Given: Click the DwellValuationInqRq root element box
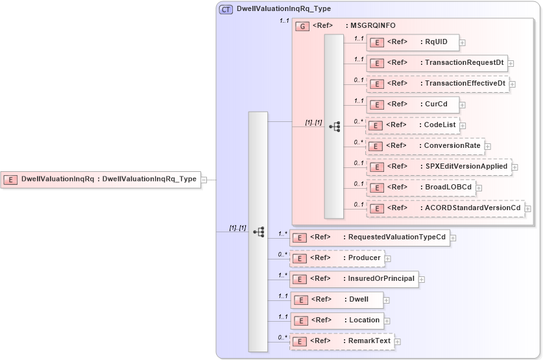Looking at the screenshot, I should [101, 180].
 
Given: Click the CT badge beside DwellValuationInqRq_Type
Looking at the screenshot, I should [226, 9].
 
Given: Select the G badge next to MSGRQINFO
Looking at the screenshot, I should [302, 27].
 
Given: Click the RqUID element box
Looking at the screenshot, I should [413, 43].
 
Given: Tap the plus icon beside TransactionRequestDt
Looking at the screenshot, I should [511, 64].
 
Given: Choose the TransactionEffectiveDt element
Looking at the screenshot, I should [437, 84].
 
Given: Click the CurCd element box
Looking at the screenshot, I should [413, 104].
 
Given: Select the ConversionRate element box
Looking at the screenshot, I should [424, 145].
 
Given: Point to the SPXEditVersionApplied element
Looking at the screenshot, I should [439, 166].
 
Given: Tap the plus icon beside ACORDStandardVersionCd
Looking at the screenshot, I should [528, 209].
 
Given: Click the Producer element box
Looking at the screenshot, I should [336, 258].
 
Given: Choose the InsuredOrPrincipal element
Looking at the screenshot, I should [354, 279].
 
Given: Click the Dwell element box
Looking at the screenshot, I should [336, 300].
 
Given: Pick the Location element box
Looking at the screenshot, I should [336, 320].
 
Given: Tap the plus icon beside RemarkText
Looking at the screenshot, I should [397, 342].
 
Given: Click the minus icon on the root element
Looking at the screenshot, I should [204, 180].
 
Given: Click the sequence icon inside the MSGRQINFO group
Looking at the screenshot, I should [335, 127].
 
